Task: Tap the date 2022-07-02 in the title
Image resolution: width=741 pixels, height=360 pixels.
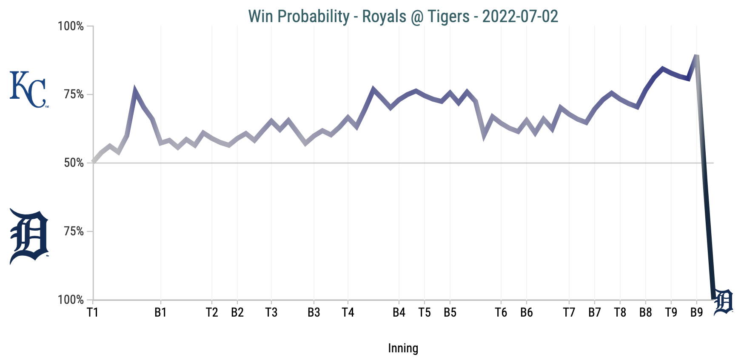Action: click(520, 16)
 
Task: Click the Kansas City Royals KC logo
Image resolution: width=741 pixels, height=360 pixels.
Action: click(28, 89)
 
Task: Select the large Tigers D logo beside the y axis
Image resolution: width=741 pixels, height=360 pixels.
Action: click(28, 236)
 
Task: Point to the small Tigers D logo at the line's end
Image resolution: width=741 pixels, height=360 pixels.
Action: click(723, 302)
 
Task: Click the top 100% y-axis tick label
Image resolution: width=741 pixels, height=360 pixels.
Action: click(71, 26)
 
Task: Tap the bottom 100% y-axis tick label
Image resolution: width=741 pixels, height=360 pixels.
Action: click(71, 300)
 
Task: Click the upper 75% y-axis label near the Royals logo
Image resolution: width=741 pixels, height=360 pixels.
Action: click(74, 94)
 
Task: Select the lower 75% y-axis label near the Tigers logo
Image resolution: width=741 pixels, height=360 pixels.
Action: click(74, 231)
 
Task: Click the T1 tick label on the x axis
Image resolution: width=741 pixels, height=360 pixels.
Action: click(93, 313)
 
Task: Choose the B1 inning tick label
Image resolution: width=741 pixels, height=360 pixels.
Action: click(160, 313)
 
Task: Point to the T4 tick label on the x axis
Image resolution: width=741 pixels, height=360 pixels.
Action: click(348, 313)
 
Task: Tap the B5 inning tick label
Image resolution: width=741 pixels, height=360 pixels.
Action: click(450, 313)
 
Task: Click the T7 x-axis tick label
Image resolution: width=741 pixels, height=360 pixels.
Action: click(569, 313)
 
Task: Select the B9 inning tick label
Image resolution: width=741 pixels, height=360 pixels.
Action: click(696, 313)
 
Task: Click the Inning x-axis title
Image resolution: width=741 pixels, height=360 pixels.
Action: click(403, 349)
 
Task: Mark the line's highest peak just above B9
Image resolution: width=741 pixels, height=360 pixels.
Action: click(696, 56)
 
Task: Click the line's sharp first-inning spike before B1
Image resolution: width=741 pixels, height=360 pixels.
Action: click(135, 91)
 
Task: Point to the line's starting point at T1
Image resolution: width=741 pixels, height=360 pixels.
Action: click(93, 162)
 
